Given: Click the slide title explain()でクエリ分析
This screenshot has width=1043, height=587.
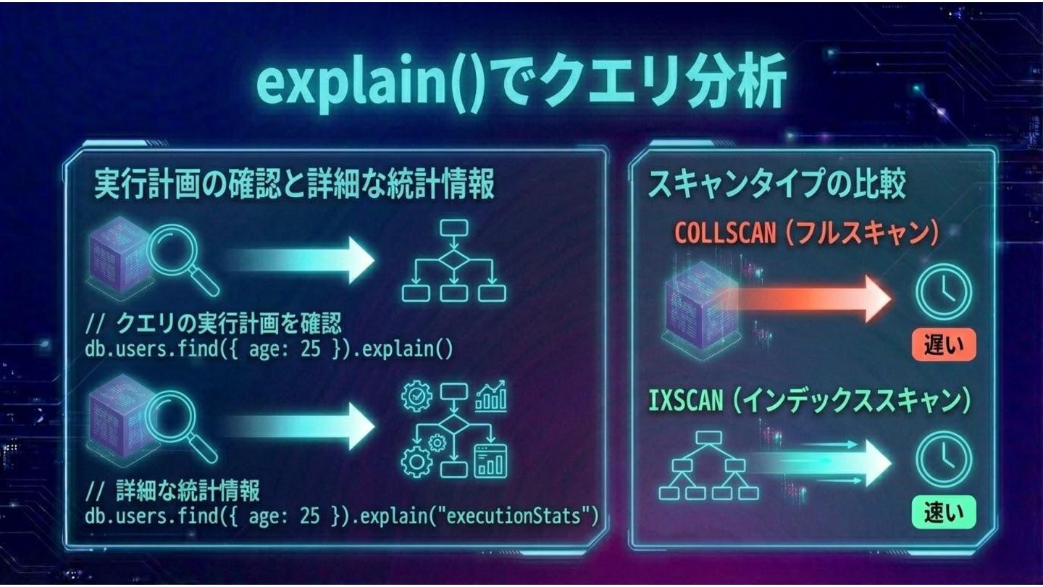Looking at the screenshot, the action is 521,85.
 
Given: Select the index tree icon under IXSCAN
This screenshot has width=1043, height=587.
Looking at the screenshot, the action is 708,465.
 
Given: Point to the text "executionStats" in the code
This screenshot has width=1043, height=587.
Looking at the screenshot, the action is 515,516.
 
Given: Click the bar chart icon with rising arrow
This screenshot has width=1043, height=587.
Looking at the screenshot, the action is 491,395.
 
